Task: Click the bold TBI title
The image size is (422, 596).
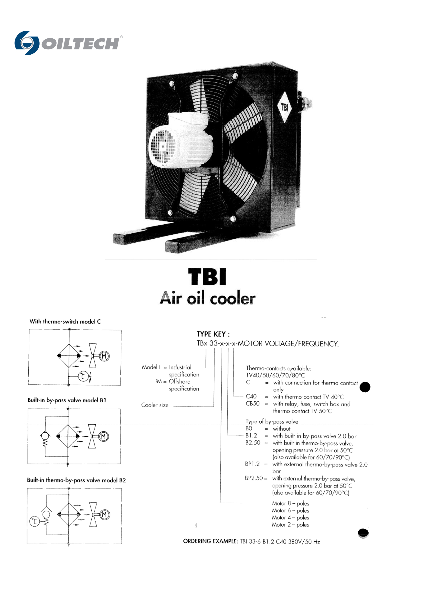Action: click(x=207, y=277)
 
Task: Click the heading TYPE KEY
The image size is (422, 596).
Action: click(x=213, y=334)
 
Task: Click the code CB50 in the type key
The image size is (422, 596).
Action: click(x=253, y=404)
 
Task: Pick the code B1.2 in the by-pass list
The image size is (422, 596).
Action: click(x=251, y=436)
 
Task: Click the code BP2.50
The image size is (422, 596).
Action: click(x=254, y=478)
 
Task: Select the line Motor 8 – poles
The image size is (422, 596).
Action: click(x=290, y=504)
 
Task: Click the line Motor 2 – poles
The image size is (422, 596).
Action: click(x=290, y=525)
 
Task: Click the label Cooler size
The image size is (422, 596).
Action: click(x=155, y=405)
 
